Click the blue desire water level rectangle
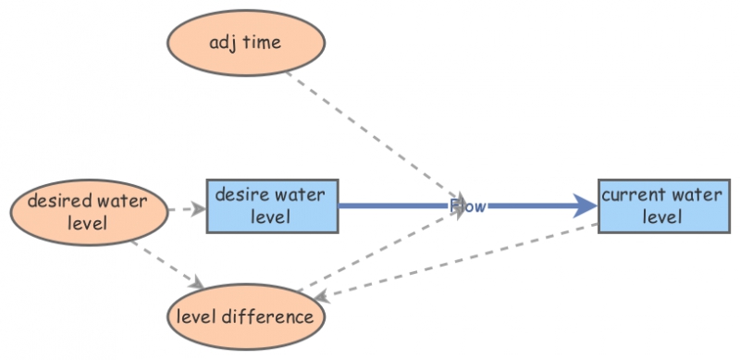coord(271,205)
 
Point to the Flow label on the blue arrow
coord(467,206)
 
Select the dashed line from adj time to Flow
coord(370,133)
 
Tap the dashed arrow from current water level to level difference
coord(462,260)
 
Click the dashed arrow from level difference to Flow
coord(388,249)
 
